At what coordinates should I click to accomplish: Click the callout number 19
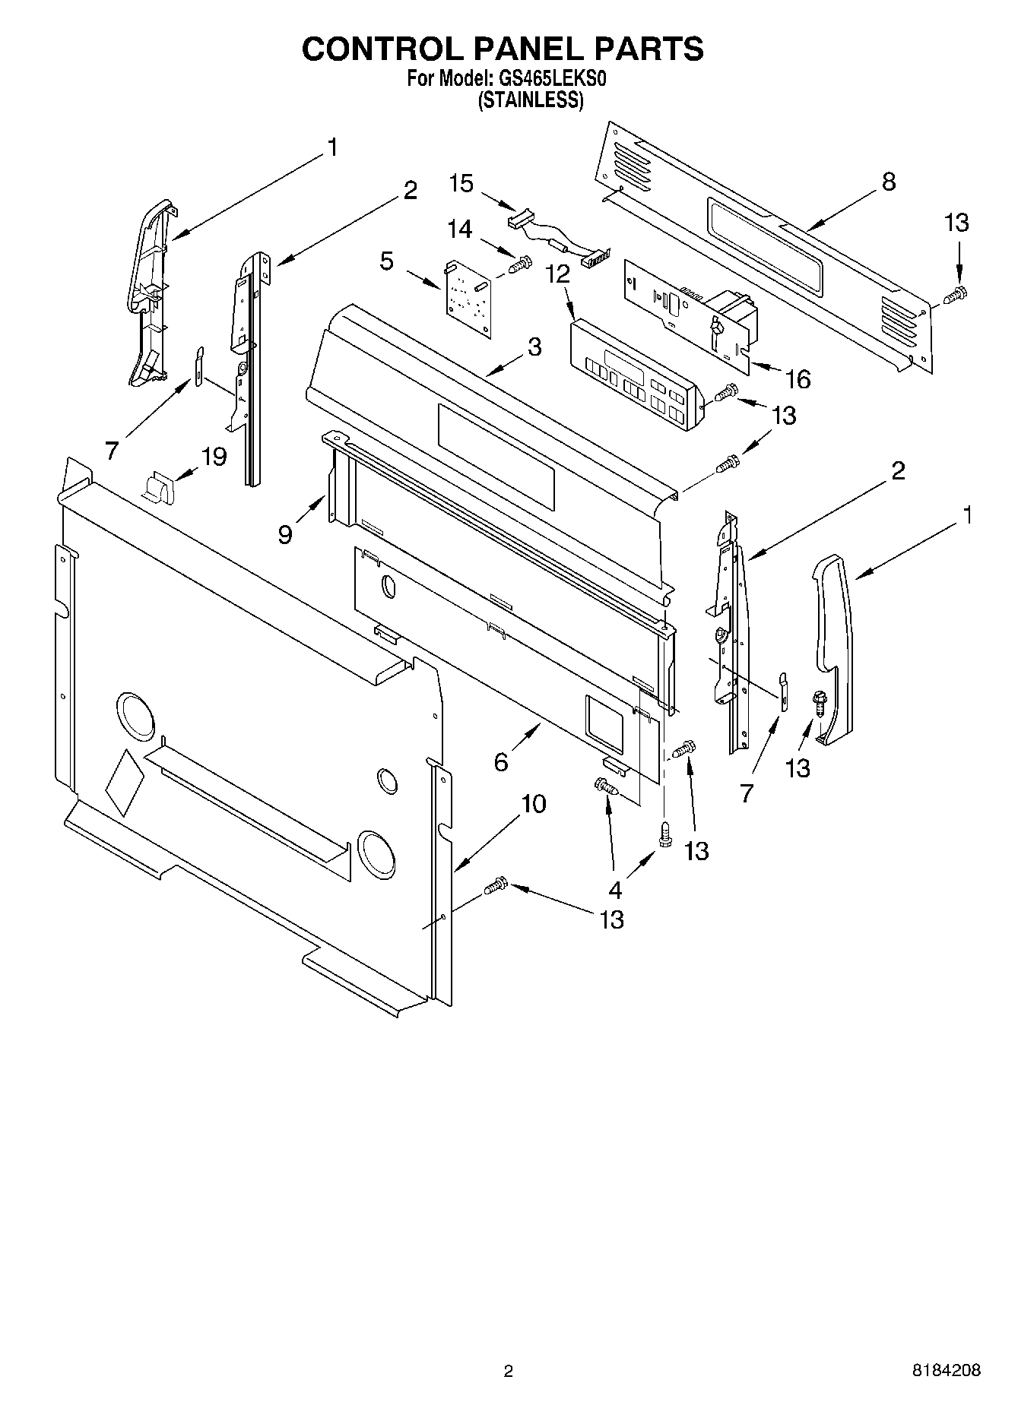[x=214, y=457]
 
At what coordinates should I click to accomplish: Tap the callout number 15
[x=461, y=183]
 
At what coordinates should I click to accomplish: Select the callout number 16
[x=798, y=378]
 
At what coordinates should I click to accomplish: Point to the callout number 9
[x=285, y=534]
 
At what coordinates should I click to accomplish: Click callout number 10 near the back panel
[x=534, y=803]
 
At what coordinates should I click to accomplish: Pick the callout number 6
[x=501, y=761]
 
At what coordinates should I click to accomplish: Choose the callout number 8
[x=889, y=182]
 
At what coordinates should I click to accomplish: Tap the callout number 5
[x=387, y=261]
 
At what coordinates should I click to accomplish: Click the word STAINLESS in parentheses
[x=530, y=100]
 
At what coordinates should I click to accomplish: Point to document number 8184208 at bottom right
[x=946, y=1370]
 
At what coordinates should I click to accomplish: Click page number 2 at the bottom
[x=508, y=1371]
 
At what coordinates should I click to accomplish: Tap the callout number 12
[x=557, y=274]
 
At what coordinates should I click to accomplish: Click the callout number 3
[x=534, y=347]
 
